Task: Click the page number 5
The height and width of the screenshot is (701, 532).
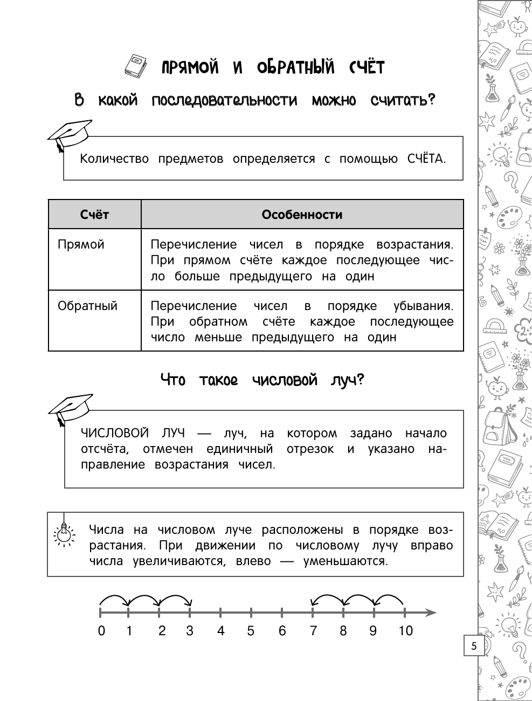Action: point(474,646)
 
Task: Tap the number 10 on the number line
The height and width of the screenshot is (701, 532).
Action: point(405,630)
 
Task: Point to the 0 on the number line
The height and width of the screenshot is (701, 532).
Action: point(101,630)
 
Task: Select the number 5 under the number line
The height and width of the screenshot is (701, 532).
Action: point(251,630)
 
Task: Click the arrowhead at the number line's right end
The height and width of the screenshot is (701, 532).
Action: point(431,613)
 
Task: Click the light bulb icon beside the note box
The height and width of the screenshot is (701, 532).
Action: point(64,533)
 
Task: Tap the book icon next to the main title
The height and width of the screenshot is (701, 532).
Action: point(135,66)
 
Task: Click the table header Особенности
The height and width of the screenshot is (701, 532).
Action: point(302,215)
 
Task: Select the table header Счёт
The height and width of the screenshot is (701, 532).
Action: point(94,215)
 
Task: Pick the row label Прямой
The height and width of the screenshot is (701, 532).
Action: point(81,244)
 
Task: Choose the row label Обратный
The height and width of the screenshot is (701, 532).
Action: point(87,306)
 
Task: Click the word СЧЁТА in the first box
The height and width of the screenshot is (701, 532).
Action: point(426,159)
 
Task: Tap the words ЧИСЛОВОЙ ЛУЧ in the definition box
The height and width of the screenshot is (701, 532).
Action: point(133,433)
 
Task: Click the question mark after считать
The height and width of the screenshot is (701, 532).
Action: point(431,100)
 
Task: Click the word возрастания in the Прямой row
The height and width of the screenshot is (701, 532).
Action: point(414,244)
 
